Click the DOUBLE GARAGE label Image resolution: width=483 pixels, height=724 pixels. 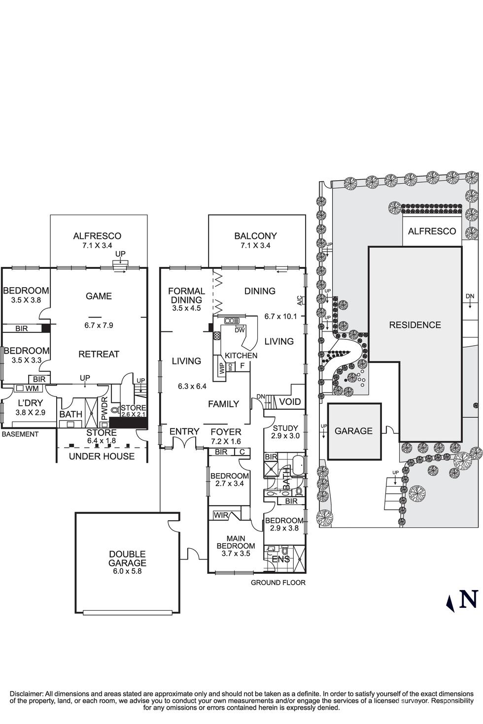pyautogui.click(x=127, y=559)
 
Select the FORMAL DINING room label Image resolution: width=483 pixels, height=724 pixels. pyautogui.click(x=187, y=296)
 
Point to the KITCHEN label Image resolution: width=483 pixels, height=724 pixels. pyautogui.click(x=241, y=355)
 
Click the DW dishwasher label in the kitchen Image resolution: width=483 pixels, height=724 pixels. pyautogui.click(x=240, y=330)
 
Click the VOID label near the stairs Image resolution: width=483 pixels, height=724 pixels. pyautogui.click(x=289, y=401)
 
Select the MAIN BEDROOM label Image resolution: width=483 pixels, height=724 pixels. pyautogui.click(x=236, y=542)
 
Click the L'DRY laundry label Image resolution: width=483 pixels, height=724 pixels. pyautogui.click(x=30, y=403)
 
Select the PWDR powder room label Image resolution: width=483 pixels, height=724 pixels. pyautogui.click(x=104, y=409)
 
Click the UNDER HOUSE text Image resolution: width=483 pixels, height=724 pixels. pyautogui.click(x=102, y=456)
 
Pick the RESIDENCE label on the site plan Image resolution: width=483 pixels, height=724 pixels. pyautogui.click(x=415, y=325)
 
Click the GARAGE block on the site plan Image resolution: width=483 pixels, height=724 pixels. pyautogui.click(x=354, y=430)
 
